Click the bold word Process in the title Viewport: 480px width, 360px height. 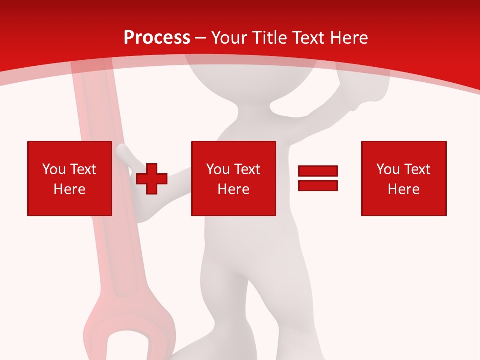click(157, 38)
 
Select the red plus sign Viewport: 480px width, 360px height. click(152, 179)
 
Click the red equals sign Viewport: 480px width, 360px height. click(318, 178)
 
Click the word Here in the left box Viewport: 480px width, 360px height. click(69, 189)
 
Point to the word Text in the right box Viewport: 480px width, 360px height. click(417, 169)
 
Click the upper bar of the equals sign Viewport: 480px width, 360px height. click(318, 171)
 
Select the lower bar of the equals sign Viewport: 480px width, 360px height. click(318, 185)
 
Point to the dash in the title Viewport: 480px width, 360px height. click(201, 38)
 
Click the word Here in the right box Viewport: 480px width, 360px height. click(403, 189)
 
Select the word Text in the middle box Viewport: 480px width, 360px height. click(247, 169)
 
